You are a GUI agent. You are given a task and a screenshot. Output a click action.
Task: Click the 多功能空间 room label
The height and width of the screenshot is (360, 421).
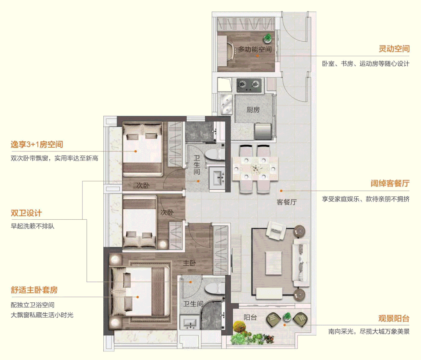[x=255, y=49]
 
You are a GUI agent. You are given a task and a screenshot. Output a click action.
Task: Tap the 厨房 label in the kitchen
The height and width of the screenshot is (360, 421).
[x=253, y=110]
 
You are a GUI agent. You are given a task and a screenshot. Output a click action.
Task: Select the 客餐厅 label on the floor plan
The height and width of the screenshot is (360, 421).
[x=287, y=202]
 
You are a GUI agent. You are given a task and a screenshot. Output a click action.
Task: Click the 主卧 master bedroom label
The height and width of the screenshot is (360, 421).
[x=189, y=263]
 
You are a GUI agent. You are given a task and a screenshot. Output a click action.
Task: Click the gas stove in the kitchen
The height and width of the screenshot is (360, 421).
[x=248, y=84]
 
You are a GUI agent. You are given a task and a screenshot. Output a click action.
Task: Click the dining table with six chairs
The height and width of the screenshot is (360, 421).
[x=255, y=169]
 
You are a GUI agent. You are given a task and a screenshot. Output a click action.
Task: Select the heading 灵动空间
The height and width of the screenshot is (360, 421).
[x=394, y=49]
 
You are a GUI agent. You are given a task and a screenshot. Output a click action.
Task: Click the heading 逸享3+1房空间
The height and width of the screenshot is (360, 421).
[x=37, y=145]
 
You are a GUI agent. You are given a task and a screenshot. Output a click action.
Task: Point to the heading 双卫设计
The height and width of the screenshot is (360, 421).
[x=26, y=213]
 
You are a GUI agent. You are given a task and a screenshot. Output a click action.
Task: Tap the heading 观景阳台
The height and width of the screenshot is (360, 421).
[x=394, y=319]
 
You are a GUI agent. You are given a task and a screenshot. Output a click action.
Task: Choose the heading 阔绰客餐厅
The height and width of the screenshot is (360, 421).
[x=390, y=184]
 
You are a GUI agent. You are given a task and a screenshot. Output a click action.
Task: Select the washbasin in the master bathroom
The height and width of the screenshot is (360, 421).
[x=190, y=323]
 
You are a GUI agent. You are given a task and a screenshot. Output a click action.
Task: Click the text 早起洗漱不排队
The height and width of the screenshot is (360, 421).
[x=32, y=226]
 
